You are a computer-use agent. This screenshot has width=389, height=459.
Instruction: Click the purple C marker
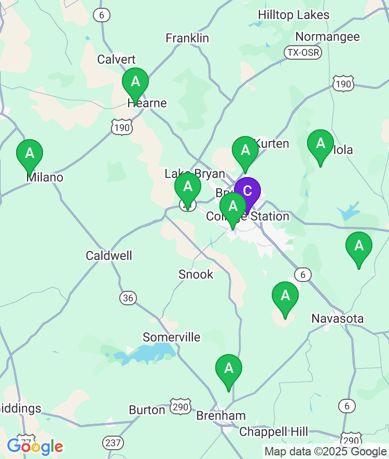tap(247, 191)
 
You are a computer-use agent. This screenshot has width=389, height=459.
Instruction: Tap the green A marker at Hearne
tap(135, 82)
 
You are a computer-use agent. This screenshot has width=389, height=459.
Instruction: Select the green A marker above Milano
tap(30, 154)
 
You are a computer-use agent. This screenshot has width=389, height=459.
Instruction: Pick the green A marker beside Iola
tap(321, 143)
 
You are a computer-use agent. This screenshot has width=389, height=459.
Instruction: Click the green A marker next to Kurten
tap(245, 151)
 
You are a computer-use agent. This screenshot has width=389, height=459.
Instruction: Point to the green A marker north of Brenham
tap(229, 369)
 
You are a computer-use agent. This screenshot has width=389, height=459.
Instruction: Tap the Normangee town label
tap(327, 37)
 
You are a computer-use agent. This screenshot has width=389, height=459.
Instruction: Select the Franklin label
tap(187, 38)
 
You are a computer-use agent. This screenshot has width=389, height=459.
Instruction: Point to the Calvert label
tap(117, 59)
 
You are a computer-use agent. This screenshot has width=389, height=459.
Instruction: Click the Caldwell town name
tap(109, 255)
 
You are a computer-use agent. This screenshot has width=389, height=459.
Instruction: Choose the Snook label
tap(196, 274)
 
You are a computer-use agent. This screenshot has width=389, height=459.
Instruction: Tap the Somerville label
tap(172, 337)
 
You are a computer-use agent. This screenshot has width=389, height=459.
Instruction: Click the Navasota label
tap(338, 318)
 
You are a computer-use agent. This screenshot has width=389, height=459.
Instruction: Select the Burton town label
tap(147, 410)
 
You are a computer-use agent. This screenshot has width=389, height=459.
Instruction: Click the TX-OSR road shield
tap(303, 52)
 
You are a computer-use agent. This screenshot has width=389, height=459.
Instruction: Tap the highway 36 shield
tap(128, 298)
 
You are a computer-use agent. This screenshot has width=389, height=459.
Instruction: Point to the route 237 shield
tap(114, 443)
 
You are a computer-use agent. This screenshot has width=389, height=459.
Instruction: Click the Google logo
tap(35, 447)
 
